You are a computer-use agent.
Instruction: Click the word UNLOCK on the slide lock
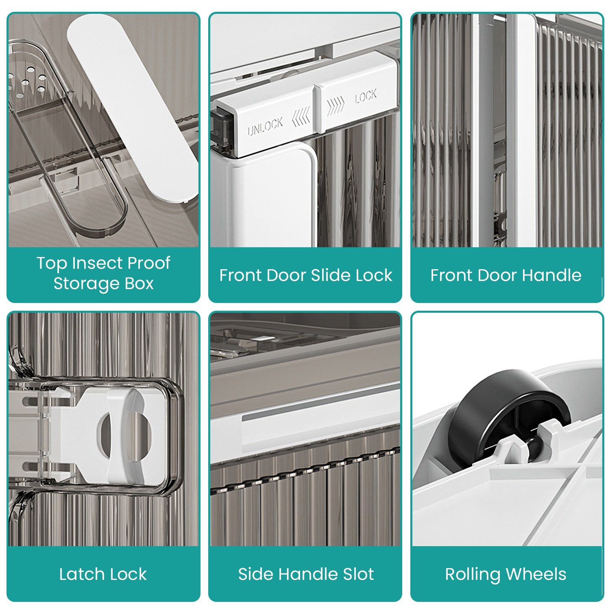(265, 127)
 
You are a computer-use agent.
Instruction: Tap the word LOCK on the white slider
(366, 97)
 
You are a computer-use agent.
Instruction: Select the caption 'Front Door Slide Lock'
(306, 275)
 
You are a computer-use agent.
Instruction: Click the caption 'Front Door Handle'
(506, 275)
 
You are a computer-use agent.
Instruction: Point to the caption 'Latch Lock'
(103, 574)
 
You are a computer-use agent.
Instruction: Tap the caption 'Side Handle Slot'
(306, 574)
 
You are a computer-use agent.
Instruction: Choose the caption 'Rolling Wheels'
(506, 575)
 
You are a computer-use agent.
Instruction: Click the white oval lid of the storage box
(132, 108)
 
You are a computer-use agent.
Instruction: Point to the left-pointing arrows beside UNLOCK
(301, 115)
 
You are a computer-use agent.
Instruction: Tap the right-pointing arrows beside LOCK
(336, 105)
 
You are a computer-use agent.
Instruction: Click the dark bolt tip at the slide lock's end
(222, 128)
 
